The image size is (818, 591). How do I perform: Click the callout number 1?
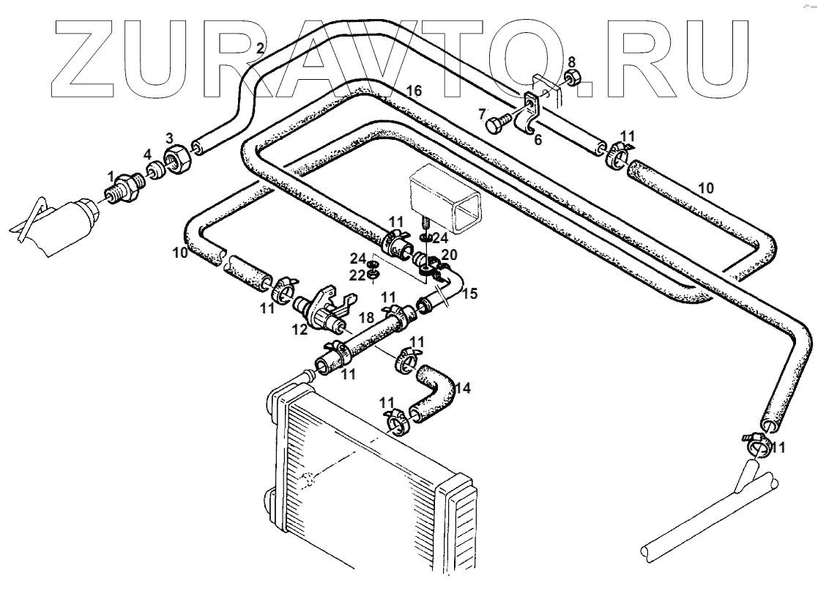(111, 176)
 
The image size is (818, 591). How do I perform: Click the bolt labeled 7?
(497, 124)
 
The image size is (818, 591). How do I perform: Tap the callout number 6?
(538, 139)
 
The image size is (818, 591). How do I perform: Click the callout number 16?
(414, 91)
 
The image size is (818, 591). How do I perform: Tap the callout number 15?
(469, 294)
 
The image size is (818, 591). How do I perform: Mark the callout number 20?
(450, 254)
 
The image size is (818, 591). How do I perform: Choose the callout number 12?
(300, 330)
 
